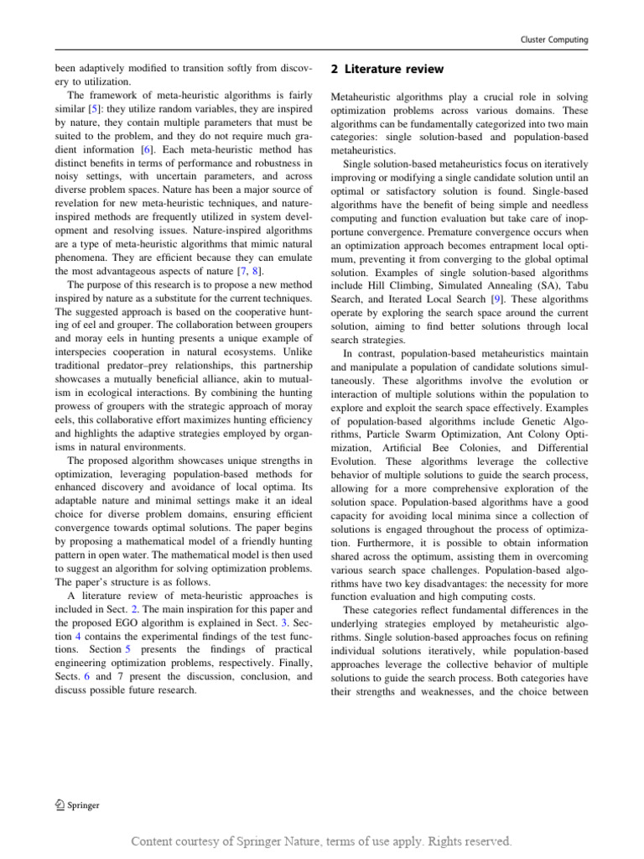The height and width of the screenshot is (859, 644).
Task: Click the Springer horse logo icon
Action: tap(49, 804)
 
